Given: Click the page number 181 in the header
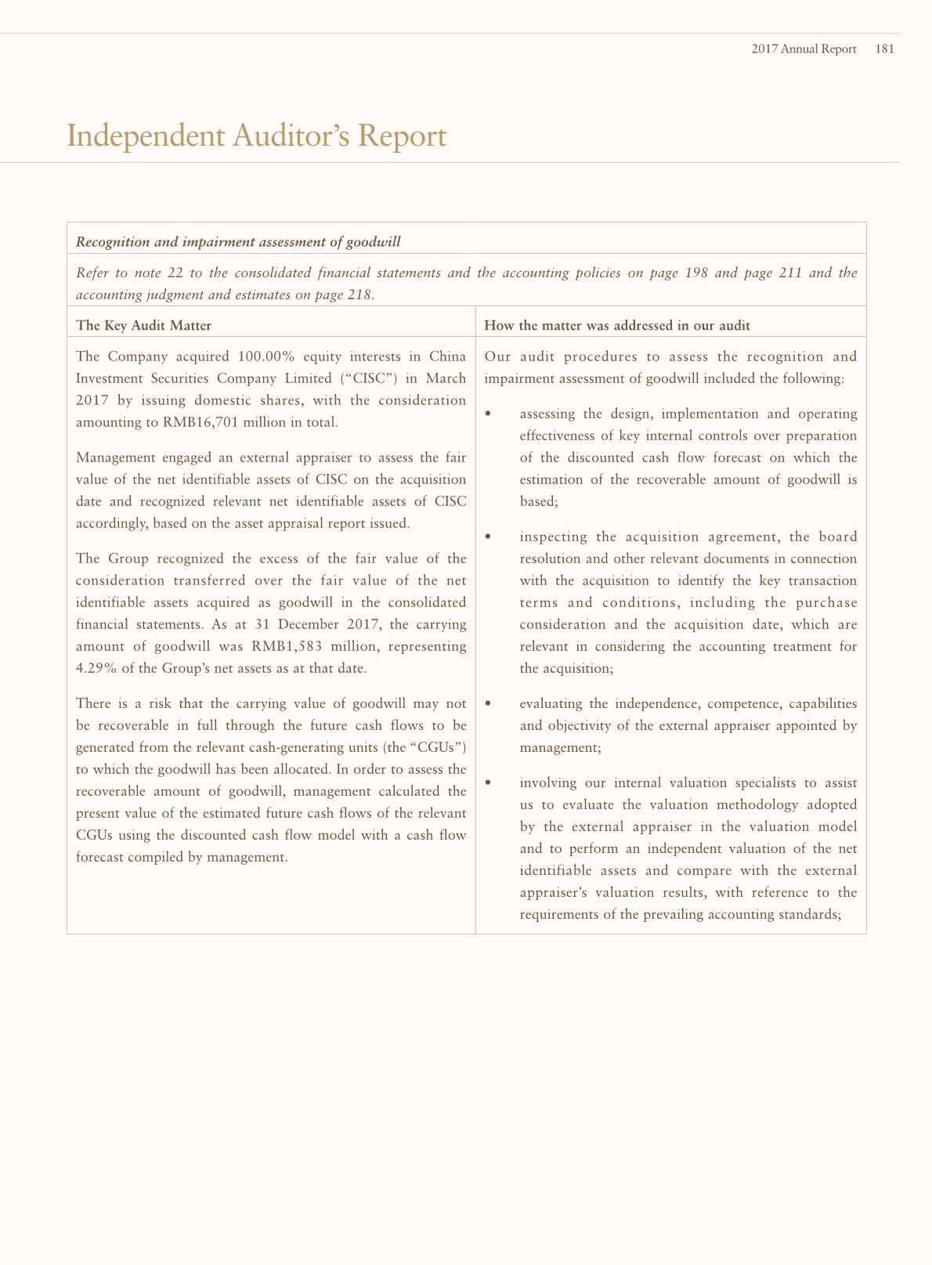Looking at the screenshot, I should tap(884, 49).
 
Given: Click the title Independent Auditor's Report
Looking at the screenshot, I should tap(257, 136).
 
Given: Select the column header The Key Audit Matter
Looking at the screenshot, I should tap(143, 325).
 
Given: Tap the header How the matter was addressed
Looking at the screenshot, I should tap(616, 325).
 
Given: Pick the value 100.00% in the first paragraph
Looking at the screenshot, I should tap(266, 356).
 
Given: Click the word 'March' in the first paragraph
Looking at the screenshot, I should tap(446, 378).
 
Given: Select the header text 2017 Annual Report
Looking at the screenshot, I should tap(804, 49).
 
